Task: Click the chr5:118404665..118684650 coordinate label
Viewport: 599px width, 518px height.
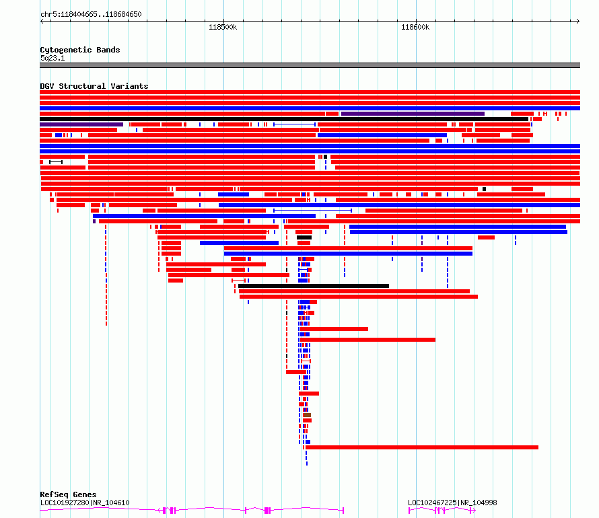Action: click(91, 15)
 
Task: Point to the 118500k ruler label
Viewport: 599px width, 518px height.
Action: click(223, 27)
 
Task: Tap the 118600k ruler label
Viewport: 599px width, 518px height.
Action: click(415, 27)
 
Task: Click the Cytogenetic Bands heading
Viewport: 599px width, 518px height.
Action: click(80, 50)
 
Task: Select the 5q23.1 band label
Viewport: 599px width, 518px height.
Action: click(52, 58)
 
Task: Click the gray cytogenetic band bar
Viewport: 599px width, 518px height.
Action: click(310, 65)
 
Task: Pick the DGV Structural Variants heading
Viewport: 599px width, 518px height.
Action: click(94, 86)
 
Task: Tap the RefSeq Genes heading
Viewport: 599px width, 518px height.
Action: click(68, 494)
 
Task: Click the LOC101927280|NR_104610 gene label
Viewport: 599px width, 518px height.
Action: click(85, 503)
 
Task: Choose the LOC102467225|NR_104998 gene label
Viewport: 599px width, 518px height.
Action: click(452, 503)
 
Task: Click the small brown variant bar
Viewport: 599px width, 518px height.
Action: click(307, 415)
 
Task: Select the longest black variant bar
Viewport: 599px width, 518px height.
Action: click(284, 119)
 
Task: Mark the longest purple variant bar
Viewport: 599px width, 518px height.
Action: click(413, 114)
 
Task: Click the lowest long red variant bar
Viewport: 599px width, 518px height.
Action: click(422, 447)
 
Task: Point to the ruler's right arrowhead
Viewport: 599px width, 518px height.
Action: click(578, 22)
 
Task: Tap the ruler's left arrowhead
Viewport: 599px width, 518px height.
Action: click(42, 22)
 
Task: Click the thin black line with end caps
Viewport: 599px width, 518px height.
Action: click(56, 162)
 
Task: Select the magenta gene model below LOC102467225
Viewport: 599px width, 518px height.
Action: click(442, 511)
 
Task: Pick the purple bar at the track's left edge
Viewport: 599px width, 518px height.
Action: click(81, 124)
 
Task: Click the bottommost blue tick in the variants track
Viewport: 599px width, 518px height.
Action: click(307, 464)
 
